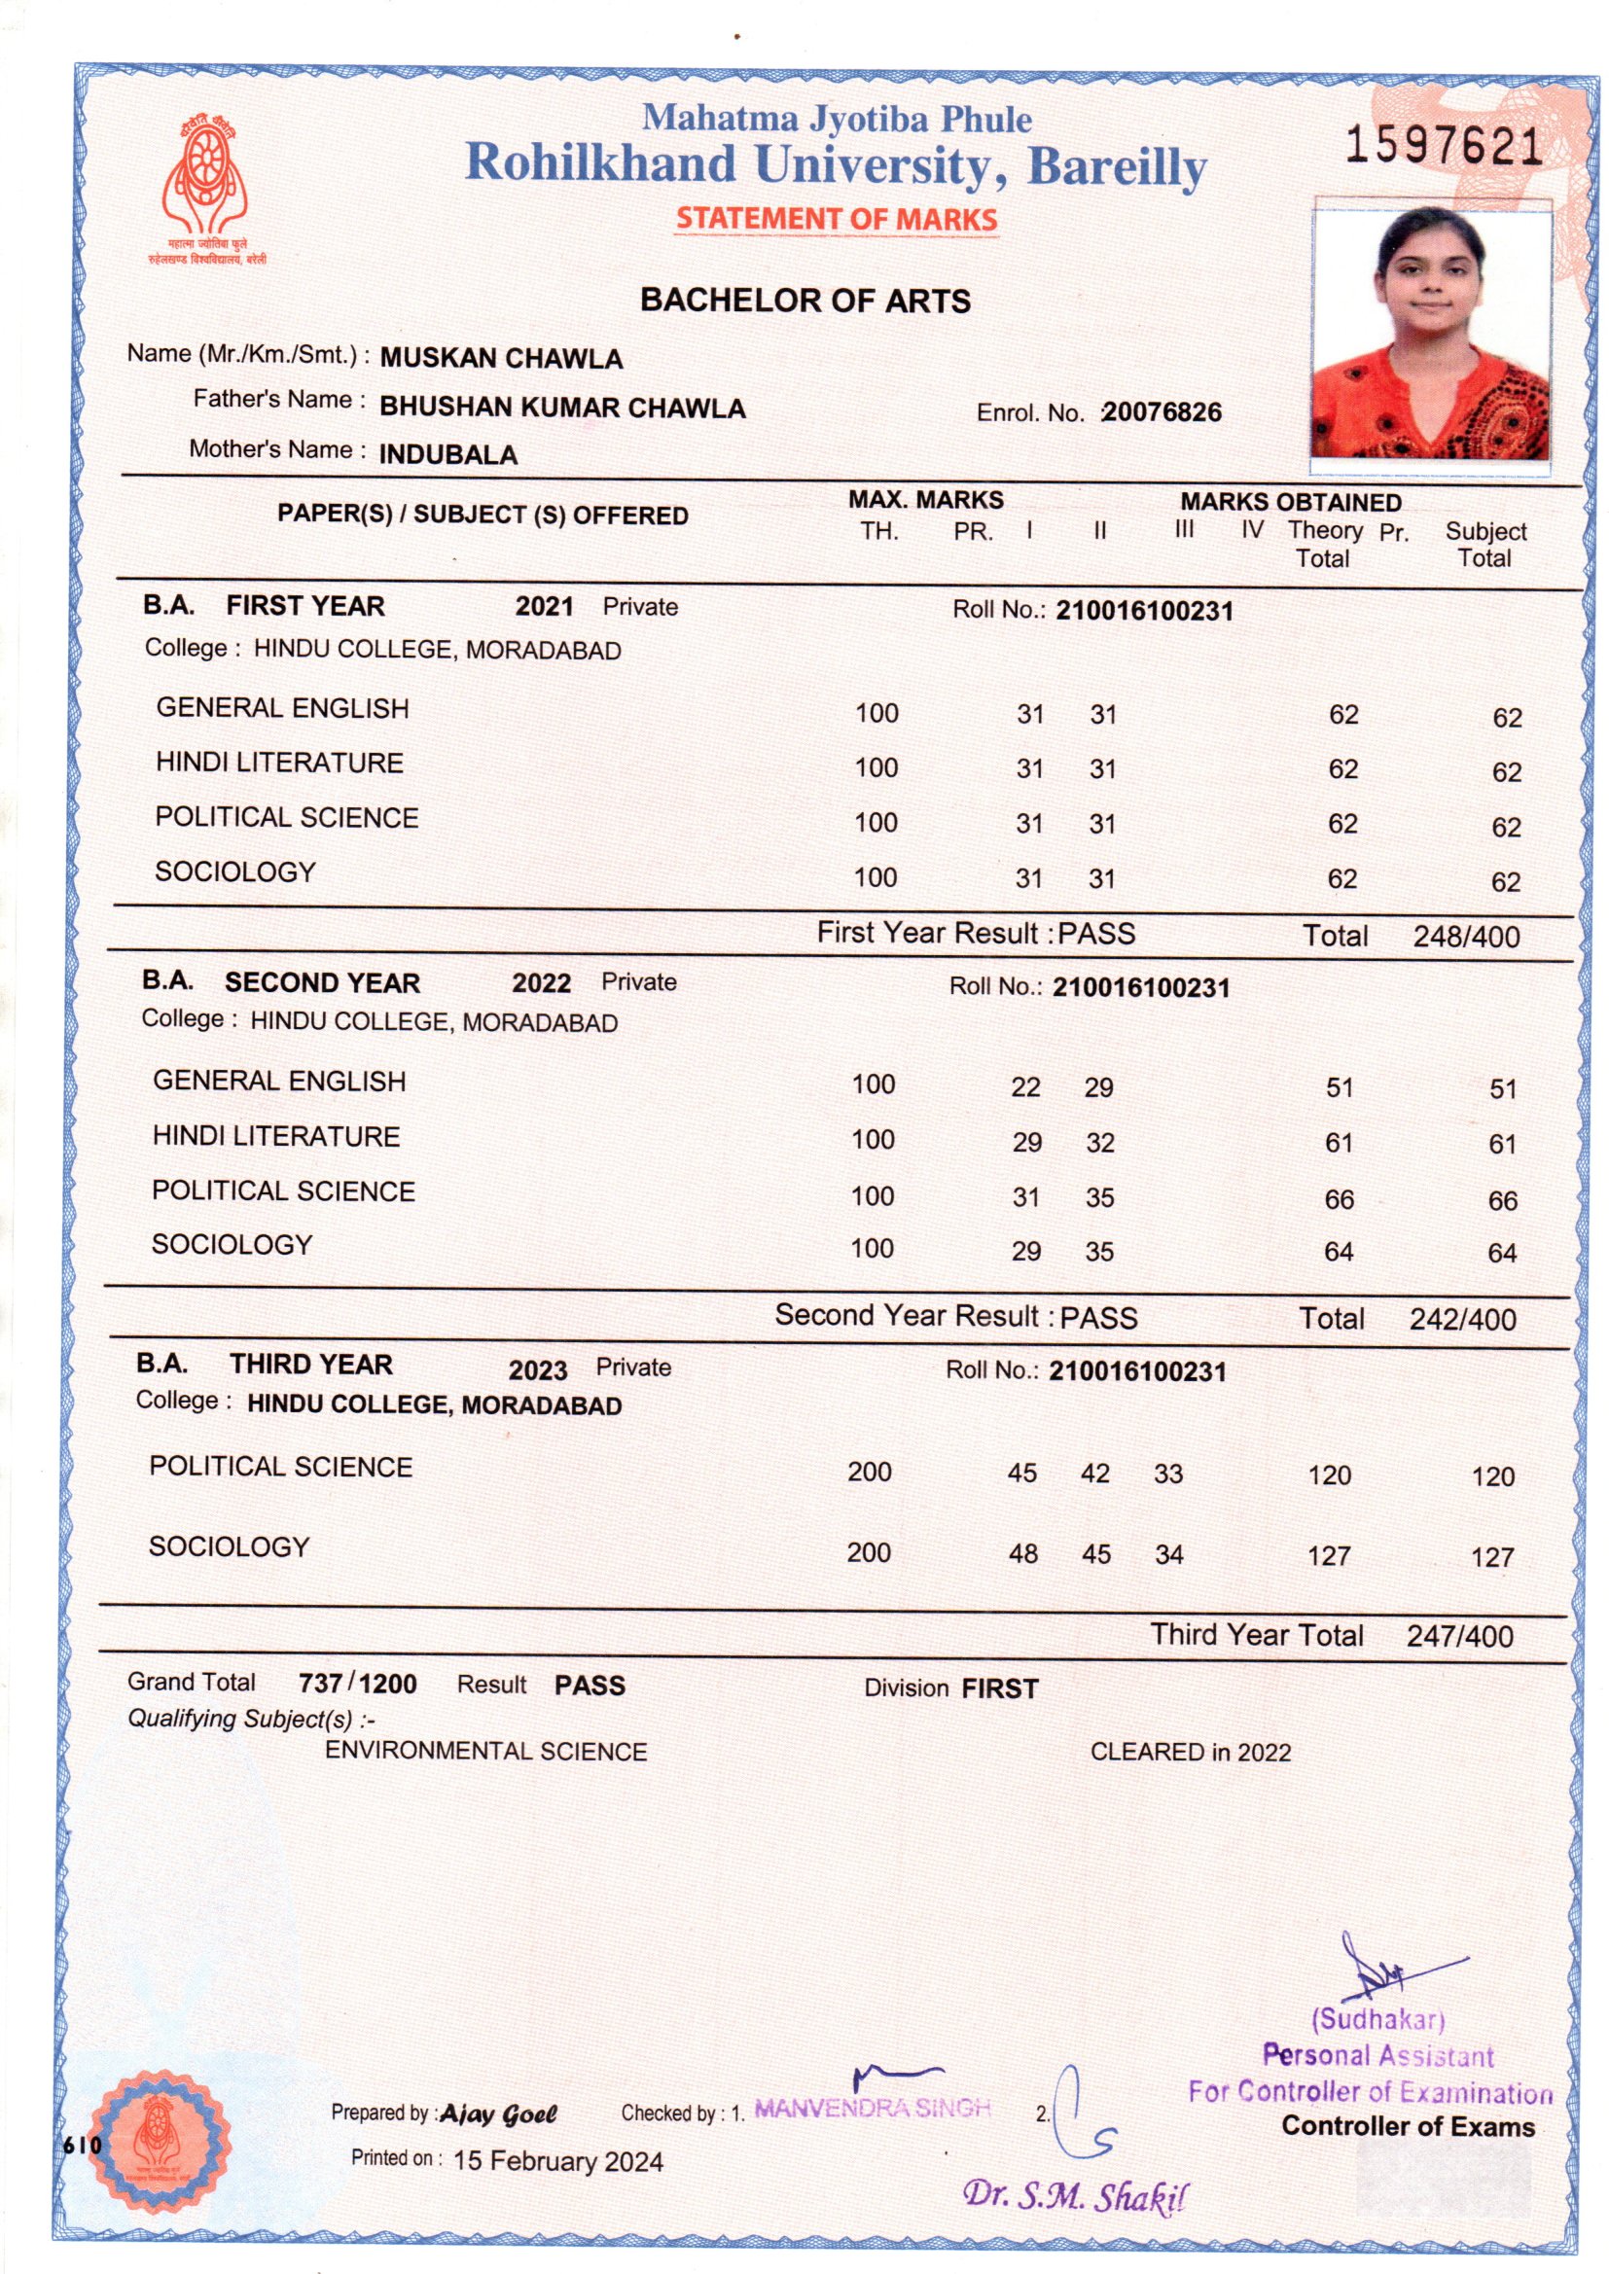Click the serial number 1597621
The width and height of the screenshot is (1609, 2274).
pos(1444,147)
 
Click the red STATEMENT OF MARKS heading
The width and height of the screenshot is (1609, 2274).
pos(837,219)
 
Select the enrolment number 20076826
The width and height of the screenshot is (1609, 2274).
pos(1162,412)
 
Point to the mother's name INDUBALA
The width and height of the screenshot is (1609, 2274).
pos(447,454)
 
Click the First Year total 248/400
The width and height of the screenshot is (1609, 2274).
pos(1465,936)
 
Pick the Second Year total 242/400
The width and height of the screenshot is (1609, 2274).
pos(1462,1318)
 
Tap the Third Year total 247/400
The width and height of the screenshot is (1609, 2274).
pos(1459,1635)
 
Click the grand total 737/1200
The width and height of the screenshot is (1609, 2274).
pos(357,1684)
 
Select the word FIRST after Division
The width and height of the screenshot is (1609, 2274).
pos(1000,1688)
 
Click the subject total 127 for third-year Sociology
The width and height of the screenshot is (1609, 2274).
pos(1492,1557)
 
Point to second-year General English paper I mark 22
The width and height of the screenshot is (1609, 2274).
pos(1025,1087)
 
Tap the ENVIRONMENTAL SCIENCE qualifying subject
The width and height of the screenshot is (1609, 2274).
pos(485,1751)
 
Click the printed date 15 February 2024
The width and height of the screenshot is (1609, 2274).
pos(557,2161)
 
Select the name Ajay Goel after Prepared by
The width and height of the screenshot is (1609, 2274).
pos(498,2114)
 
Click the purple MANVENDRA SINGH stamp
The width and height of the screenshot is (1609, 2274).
pos(872,2108)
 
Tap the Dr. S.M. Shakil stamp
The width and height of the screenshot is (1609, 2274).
pos(1075,2196)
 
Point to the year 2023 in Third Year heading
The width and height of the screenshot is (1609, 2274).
pos(537,1369)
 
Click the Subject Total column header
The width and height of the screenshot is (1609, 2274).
pos(1484,544)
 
